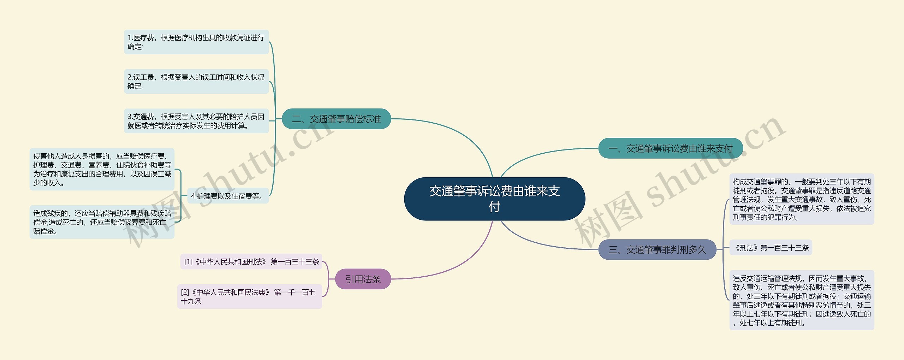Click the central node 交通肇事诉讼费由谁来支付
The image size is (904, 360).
(494, 199)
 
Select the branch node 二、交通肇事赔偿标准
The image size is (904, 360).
(336, 119)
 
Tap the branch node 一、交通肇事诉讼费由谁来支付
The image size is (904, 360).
(670, 148)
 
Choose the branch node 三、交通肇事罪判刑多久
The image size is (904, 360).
(657, 250)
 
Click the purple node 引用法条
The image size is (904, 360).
(363, 279)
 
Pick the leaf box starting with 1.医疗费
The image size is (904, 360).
(196, 42)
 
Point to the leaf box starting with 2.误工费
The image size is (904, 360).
(196, 82)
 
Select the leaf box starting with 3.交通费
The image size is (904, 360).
(196, 121)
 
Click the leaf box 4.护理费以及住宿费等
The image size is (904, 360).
(228, 196)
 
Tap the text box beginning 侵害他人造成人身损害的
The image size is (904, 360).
(102, 169)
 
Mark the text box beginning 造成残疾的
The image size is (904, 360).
(102, 222)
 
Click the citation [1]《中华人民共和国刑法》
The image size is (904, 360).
(251, 261)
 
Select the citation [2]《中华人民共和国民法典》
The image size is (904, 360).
(249, 296)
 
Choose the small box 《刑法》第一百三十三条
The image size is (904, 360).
(771, 248)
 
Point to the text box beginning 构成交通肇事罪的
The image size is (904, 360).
(802, 199)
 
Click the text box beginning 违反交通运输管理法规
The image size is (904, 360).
(802, 300)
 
